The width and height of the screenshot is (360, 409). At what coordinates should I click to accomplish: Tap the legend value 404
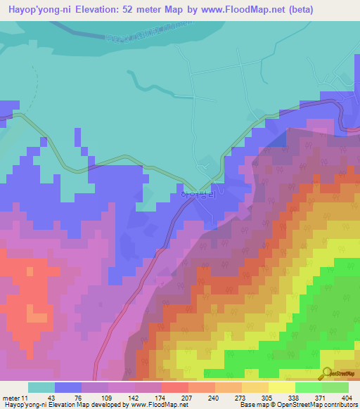pos(347,397)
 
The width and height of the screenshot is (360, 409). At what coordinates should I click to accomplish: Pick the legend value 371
pos(321,397)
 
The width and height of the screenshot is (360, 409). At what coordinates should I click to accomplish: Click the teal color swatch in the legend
pos(41,387)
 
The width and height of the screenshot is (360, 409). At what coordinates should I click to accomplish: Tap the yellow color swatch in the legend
pos(281,387)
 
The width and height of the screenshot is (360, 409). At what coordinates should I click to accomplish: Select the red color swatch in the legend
pos(174,387)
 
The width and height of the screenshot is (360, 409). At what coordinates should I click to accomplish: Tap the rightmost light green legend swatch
pos(335,387)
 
